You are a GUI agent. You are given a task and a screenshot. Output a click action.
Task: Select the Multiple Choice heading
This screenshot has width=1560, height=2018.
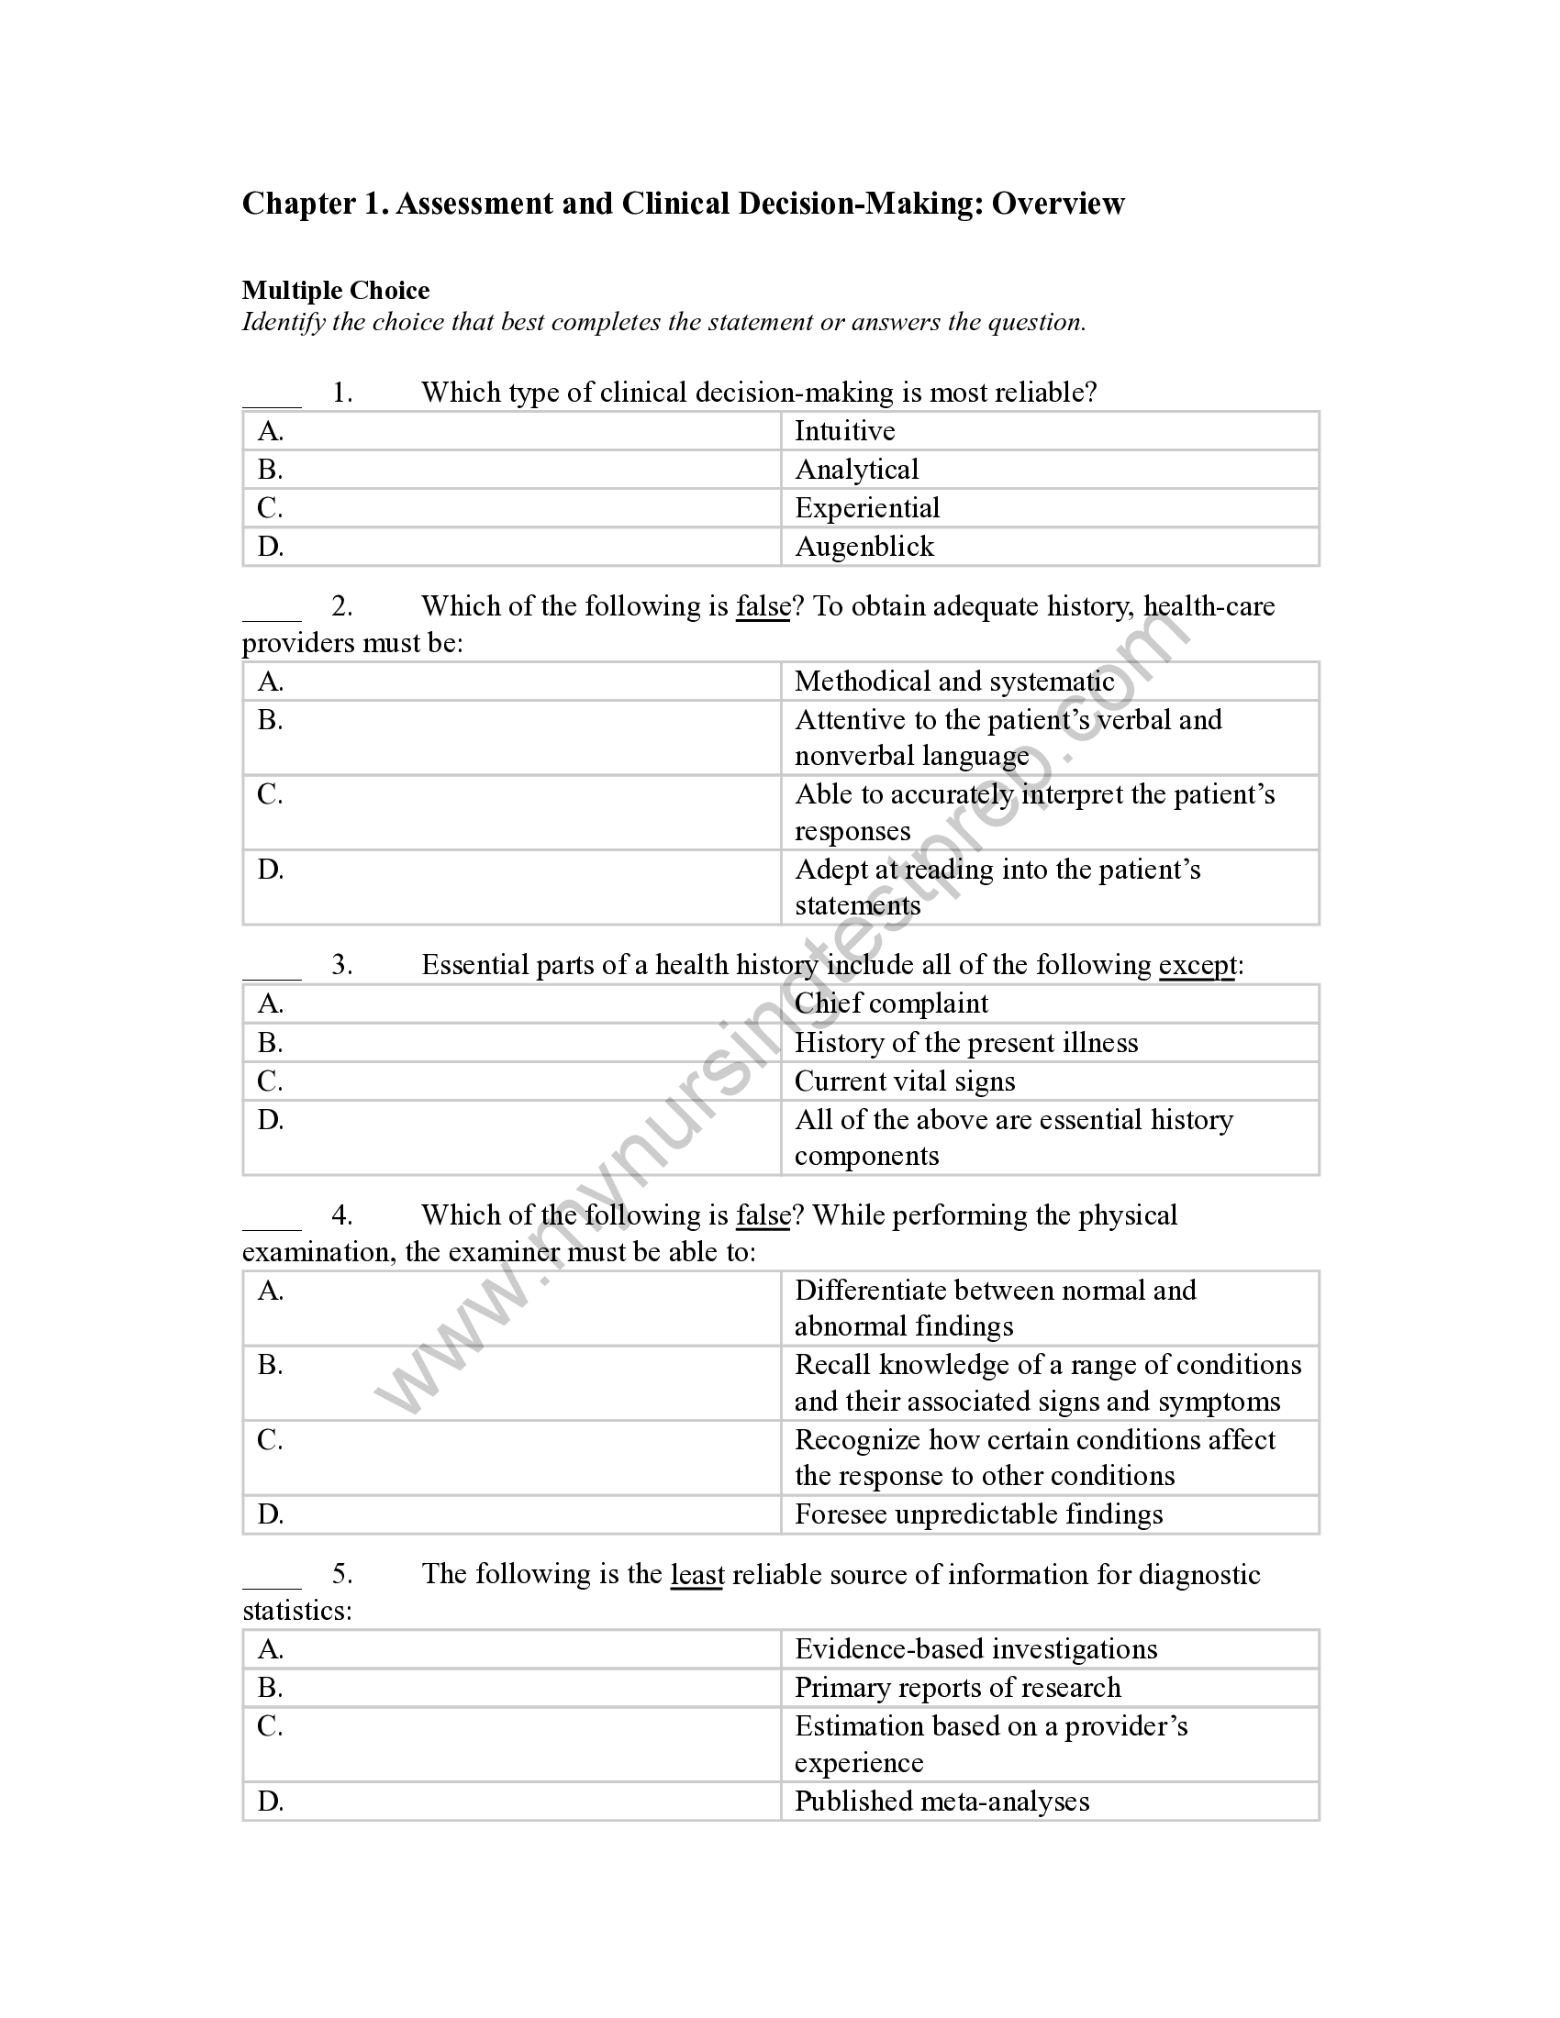(x=336, y=291)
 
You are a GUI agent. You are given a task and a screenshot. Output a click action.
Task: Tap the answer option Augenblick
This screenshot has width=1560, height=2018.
(x=864, y=547)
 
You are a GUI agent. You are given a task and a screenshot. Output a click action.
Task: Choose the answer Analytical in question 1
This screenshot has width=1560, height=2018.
(x=857, y=471)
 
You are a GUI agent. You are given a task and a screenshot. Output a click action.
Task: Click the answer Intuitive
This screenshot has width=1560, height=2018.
(x=844, y=431)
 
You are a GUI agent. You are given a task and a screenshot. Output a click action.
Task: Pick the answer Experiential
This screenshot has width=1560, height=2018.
(x=867, y=508)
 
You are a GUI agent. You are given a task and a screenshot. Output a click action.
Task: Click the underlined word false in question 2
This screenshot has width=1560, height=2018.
(x=763, y=607)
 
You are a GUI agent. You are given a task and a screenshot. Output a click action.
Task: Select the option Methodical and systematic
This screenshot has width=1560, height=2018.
(x=954, y=682)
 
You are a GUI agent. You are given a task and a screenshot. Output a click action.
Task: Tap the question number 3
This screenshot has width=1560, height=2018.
(x=342, y=966)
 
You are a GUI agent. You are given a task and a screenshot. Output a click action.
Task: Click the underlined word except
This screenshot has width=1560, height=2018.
(x=1197, y=966)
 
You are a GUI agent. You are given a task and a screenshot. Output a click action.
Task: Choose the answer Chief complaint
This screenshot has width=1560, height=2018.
(x=891, y=1004)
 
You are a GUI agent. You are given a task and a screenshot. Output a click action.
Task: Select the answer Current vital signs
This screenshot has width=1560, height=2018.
(x=905, y=1082)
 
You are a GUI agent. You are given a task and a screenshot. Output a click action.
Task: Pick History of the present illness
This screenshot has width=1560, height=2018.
(x=965, y=1043)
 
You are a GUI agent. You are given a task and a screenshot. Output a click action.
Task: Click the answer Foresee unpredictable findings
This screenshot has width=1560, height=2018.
(x=979, y=1514)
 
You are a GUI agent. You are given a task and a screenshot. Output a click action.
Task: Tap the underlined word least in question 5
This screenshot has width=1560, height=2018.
(x=696, y=1574)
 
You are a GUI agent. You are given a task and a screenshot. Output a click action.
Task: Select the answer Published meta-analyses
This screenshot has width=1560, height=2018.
(x=942, y=1802)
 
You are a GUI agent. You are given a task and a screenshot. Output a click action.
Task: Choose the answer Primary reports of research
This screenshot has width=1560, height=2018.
(x=957, y=1688)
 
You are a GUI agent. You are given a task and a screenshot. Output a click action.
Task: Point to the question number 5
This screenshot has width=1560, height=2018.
(x=342, y=1574)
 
